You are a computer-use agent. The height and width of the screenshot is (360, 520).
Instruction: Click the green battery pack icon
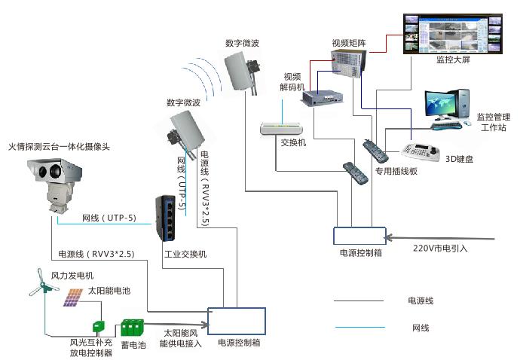tap(133, 328)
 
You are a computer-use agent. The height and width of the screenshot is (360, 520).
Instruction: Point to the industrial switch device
tap(166, 218)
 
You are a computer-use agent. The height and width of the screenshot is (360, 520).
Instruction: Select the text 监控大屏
tap(453, 59)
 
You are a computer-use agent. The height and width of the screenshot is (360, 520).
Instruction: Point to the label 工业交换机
tap(185, 254)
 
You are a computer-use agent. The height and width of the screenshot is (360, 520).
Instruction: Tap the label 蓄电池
tap(133, 346)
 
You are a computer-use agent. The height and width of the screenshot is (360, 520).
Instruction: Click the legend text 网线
tap(420, 328)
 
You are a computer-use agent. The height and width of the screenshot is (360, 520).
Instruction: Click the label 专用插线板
tap(396, 171)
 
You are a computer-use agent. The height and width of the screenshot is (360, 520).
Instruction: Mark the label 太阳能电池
tap(109, 289)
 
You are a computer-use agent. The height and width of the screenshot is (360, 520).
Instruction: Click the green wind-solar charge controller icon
tap(97, 328)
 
